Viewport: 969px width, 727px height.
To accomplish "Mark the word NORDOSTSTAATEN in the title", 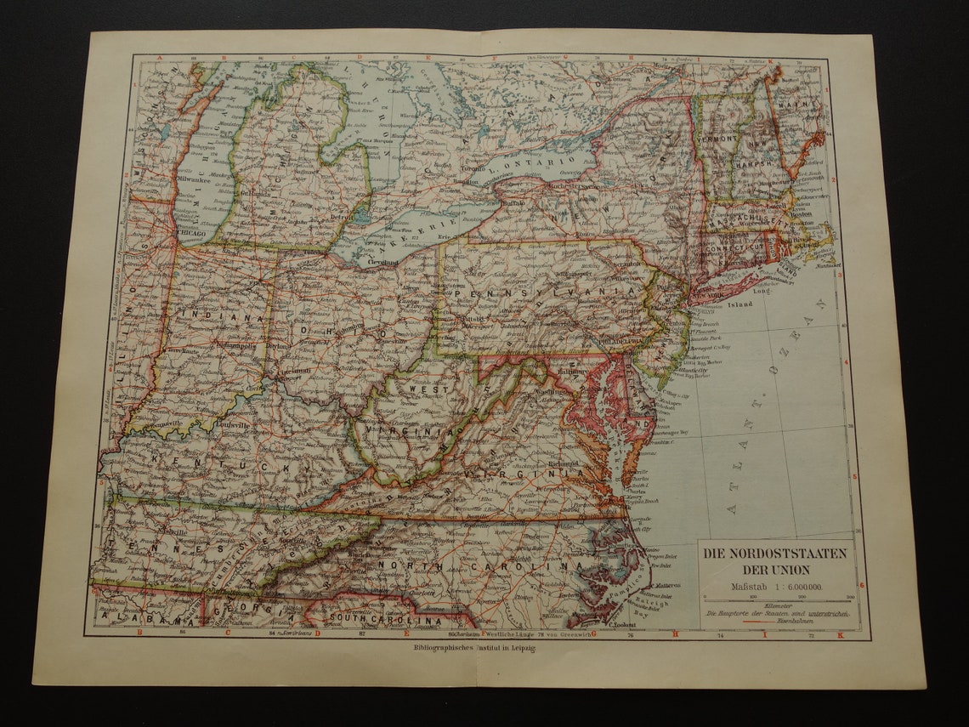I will tap(774, 553).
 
